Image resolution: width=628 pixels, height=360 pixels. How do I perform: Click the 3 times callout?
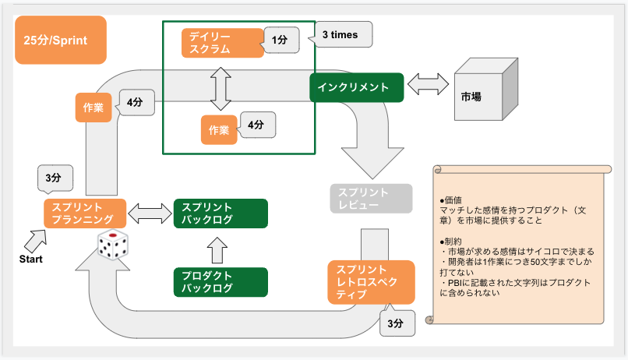(x=341, y=34)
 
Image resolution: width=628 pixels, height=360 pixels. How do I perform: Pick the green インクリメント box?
(x=356, y=87)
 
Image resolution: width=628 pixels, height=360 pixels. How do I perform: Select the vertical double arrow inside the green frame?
(x=221, y=86)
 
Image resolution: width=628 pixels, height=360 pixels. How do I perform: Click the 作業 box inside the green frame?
(x=219, y=129)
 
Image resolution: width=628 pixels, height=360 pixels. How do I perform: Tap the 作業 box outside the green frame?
(x=93, y=108)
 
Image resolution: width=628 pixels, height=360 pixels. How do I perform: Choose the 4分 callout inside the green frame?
(x=258, y=124)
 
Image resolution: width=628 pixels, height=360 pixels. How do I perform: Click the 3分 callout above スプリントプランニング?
(x=54, y=178)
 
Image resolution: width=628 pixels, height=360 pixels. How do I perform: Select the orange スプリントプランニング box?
(x=84, y=214)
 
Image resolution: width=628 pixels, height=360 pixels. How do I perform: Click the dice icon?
(x=112, y=247)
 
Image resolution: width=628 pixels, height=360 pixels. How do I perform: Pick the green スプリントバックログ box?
(x=221, y=214)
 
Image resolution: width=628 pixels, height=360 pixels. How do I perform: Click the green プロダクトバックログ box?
(x=221, y=281)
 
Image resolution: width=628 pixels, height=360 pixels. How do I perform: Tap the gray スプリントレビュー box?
(x=369, y=199)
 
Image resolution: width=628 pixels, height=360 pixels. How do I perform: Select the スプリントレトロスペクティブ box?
(x=369, y=281)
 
